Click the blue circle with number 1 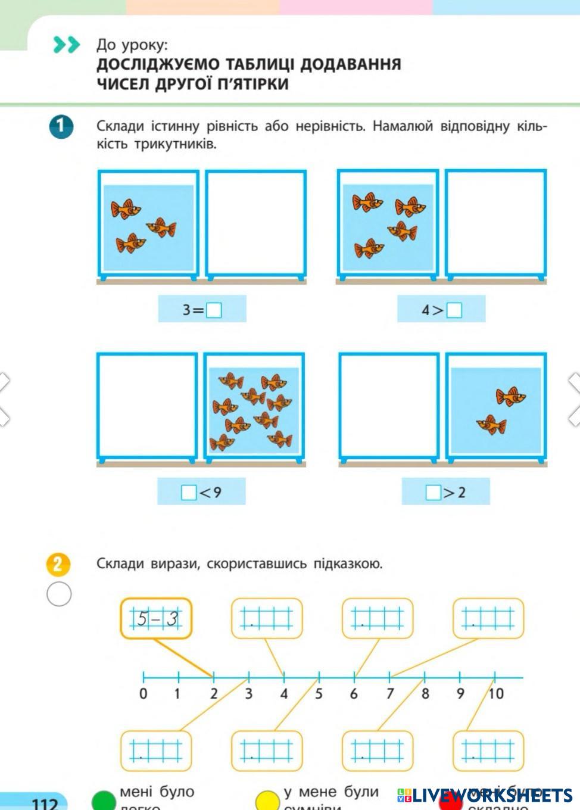point(61,126)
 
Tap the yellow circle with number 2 point(58,564)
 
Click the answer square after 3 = point(214,310)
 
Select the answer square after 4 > point(454,310)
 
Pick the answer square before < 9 point(189,493)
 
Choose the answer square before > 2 point(433,493)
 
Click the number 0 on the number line point(143,694)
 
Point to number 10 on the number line point(495,694)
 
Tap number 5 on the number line point(319,694)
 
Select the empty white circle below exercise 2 point(58,594)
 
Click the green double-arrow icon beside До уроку point(66,45)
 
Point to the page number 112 point(45,803)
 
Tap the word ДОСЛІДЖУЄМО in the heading point(149,64)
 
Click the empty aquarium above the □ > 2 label point(389,406)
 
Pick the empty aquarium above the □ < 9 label point(147,406)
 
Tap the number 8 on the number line point(425,694)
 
